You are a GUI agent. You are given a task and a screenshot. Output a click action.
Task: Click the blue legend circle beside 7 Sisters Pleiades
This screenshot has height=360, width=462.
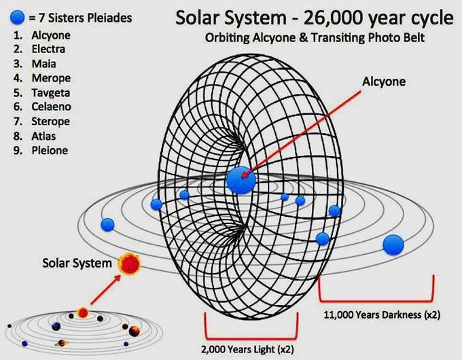coord(17,18)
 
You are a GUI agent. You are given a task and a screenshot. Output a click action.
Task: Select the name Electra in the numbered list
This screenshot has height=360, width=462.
coord(48,49)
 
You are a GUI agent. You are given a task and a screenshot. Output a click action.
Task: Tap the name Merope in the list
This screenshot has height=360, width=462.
coord(51,78)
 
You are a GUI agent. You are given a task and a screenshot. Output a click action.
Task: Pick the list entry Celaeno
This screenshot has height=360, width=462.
coord(51,107)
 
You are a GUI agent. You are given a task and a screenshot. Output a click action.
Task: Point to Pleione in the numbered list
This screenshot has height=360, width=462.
coord(50,150)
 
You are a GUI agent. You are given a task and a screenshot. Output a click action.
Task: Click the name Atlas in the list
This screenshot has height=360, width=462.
coord(43,136)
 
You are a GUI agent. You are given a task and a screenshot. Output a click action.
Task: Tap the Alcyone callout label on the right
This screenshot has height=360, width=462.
coord(384,82)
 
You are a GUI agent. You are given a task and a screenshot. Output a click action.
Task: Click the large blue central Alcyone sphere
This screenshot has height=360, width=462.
coord(241,180)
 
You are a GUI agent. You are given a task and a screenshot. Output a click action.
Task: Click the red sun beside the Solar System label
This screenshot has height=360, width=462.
coord(129,264)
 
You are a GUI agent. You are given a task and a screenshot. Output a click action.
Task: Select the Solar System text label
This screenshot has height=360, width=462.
coord(77,263)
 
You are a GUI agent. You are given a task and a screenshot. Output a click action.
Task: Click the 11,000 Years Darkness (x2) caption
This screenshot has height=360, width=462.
coord(382,314)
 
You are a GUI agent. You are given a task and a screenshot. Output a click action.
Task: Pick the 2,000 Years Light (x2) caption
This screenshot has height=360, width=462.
coord(247,349)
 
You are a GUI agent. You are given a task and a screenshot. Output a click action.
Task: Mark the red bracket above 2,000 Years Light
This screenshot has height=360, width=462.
coord(251,338)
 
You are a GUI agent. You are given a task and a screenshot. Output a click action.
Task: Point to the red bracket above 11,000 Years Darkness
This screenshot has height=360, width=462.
coord(376,300)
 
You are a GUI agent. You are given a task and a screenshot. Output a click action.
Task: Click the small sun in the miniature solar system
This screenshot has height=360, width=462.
coord(83,312)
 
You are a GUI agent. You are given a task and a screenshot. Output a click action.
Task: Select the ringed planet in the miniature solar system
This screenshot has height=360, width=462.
coord(61,343)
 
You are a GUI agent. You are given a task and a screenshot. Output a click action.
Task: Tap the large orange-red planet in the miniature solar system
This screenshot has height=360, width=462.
coord(134,331)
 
